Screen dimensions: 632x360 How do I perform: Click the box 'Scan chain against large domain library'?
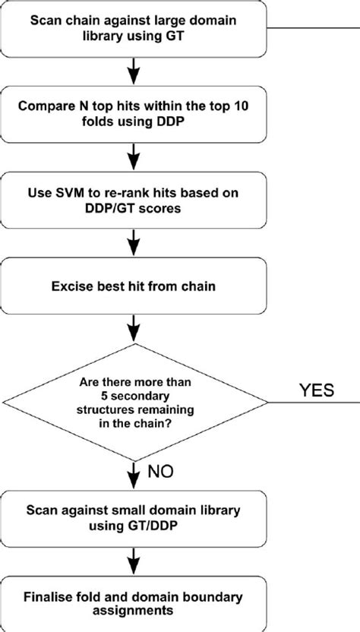point(134,29)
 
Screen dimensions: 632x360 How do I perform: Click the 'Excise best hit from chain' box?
point(134,288)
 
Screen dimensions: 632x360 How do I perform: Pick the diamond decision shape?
point(134,400)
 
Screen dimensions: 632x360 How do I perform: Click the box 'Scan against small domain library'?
point(134,517)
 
